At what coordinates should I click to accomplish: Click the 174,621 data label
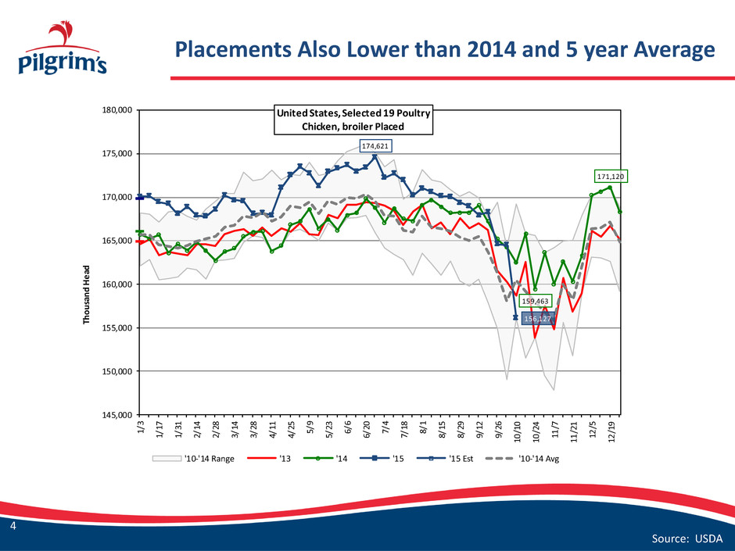(x=374, y=145)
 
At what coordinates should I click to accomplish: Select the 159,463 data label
(x=536, y=300)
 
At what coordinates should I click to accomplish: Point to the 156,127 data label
(x=536, y=318)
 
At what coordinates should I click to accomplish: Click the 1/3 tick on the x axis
(x=139, y=427)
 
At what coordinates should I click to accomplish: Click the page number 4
(x=13, y=526)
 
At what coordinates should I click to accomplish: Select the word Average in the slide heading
(x=669, y=51)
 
